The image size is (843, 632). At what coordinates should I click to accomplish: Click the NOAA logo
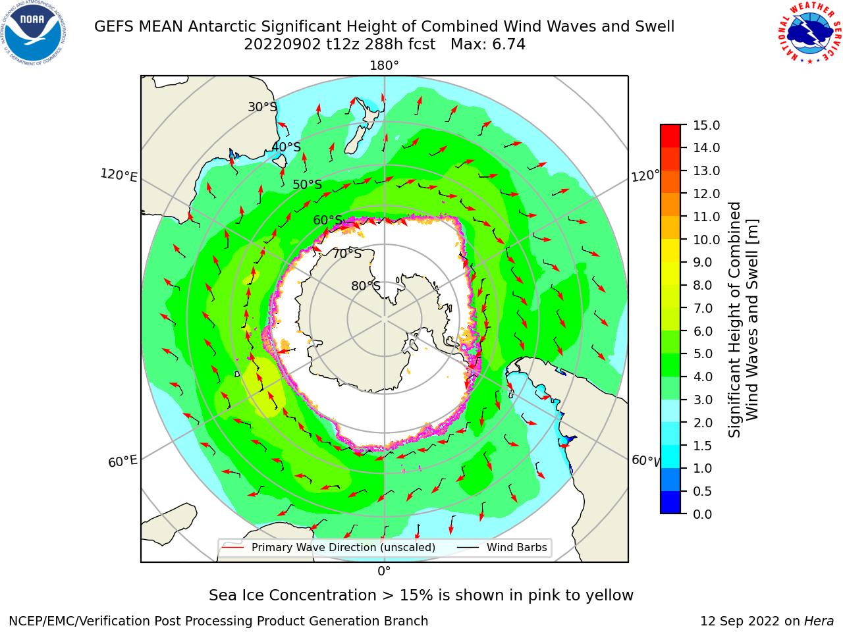(x=34, y=34)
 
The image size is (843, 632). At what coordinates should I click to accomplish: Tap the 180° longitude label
(x=384, y=66)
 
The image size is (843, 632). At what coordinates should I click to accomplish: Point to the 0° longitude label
(x=384, y=571)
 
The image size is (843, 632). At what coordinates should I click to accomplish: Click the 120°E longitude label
(x=119, y=175)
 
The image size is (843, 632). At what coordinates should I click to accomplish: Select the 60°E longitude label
(x=122, y=461)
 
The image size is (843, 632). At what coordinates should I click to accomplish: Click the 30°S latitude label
(x=262, y=107)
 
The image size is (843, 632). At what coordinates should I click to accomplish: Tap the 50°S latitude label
(x=308, y=184)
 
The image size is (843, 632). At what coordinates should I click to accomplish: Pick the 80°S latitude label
(x=366, y=286)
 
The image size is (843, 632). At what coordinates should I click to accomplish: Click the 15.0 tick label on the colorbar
(x=706, y=125)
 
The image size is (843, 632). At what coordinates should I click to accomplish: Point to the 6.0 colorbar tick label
(x=703, y=331)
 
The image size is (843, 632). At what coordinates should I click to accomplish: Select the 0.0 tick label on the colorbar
(x=703, y=514)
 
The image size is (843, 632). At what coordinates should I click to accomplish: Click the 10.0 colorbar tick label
(x=706, y=240)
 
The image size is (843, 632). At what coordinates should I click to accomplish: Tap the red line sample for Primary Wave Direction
(x=233, y=547)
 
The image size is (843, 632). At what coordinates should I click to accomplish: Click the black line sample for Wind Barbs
(x=468, y=547)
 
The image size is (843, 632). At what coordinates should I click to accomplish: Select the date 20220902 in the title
(x=283, y=45)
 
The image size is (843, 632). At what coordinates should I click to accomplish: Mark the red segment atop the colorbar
(x=670, y=136)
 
